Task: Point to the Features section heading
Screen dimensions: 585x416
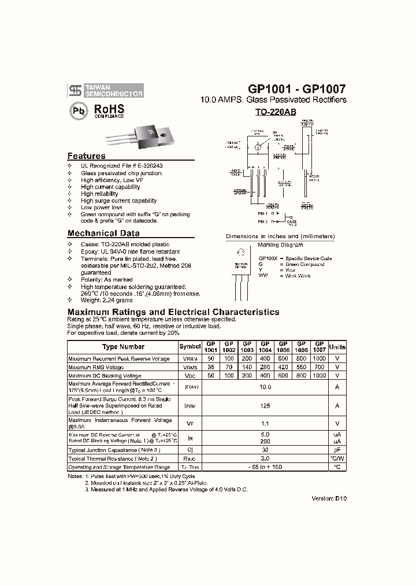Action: pos(87,156)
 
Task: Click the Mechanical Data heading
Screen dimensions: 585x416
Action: pos(103,234)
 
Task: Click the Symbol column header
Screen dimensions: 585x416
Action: pos(190,347)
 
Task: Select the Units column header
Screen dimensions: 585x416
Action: pos(337,347)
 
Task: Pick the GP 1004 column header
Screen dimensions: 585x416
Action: pos(265,347)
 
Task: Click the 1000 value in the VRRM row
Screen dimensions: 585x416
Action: pos(319,359)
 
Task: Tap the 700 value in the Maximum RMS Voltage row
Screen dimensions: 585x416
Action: pos(319,367)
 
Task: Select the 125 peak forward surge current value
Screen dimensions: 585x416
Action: pos(265,406)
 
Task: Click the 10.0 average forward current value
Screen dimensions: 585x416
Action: pos(265,387)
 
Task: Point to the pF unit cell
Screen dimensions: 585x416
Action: pos(337,450)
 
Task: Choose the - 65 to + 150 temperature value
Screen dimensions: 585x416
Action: pos(265,466)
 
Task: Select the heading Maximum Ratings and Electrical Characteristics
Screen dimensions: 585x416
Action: pos(173,312)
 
